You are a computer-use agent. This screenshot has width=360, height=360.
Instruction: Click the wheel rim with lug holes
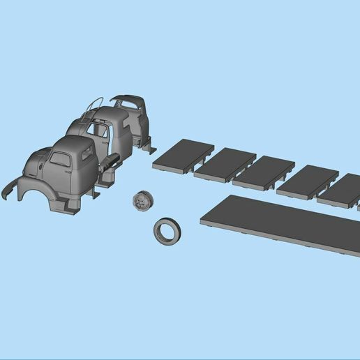(x=142, y=202)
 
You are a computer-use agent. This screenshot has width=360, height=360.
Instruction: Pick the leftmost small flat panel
(x=183, y=154)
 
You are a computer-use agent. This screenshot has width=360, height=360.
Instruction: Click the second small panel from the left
(x=225, y=163)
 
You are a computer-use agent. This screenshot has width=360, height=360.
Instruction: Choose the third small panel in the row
(x=264, y=172)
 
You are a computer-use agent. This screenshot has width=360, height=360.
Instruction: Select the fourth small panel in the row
(x=307, y=181)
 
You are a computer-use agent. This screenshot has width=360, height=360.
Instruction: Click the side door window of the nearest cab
(x=60, y=160)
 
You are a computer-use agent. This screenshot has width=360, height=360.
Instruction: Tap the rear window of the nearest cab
(x=87, y=154)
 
